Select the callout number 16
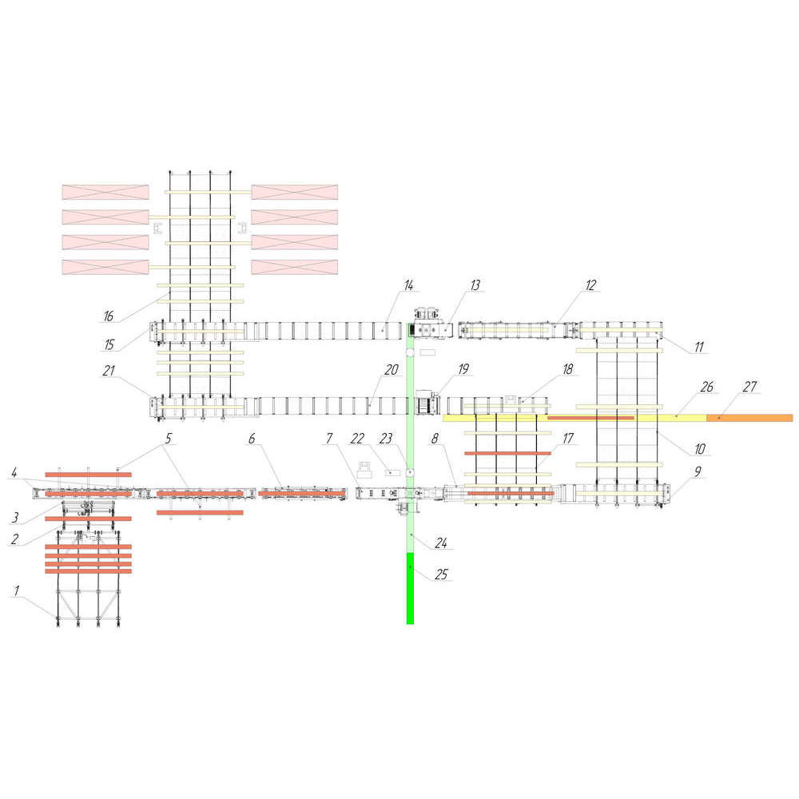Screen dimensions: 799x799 tap(108, 316)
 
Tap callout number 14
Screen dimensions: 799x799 tap(408, 285)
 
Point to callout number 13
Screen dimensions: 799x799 tap(475, 285)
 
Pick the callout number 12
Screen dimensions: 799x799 tap(590, 285)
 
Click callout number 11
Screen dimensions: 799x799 tap(699, 348)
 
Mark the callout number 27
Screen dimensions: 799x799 tap(749, 387)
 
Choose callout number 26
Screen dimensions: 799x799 tap(706, 387)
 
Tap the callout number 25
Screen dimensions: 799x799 tap(440, 573)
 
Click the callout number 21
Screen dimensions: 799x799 tap(108, 370)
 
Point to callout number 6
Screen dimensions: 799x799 tap(252, 439)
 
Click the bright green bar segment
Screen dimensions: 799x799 tap(410, 587)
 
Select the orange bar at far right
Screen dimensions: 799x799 tap(749, 418)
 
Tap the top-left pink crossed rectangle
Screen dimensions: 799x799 tap(105, 192)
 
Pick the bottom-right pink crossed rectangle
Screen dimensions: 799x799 tap(294, 268)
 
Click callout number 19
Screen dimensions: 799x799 tap(463, 368)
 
